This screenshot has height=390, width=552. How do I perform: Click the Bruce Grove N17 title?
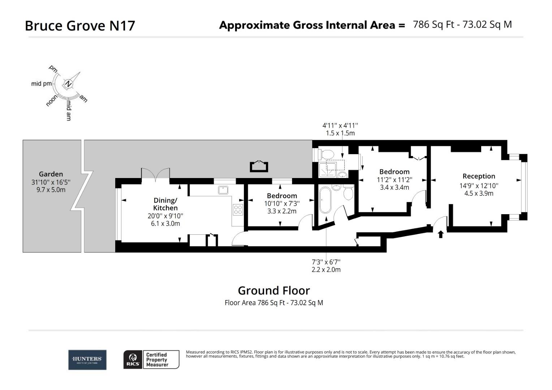[80, 26]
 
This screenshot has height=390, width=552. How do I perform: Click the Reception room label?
[479, 176]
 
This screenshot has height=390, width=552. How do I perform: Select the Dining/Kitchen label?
[165, 204]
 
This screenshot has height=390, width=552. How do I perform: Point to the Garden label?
[51, 174]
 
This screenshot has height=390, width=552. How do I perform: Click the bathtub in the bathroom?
[326, 200]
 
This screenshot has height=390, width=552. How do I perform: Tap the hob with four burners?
[238, 209]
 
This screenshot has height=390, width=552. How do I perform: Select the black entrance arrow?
[440, 234]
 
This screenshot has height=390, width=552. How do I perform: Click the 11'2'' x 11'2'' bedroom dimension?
[394, 179]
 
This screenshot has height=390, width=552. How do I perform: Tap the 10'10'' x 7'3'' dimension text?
[282, 203]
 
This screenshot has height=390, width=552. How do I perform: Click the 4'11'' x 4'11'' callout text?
[340, 125]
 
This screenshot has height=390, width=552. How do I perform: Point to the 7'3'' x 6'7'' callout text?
[326, 262]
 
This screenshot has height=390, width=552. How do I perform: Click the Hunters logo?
[87, 360]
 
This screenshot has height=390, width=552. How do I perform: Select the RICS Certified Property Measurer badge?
[151, 360]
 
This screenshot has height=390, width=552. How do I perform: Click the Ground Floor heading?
[273, 290]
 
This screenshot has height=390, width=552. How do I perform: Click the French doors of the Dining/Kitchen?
[155, 174]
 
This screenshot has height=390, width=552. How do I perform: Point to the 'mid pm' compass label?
[41, 84]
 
